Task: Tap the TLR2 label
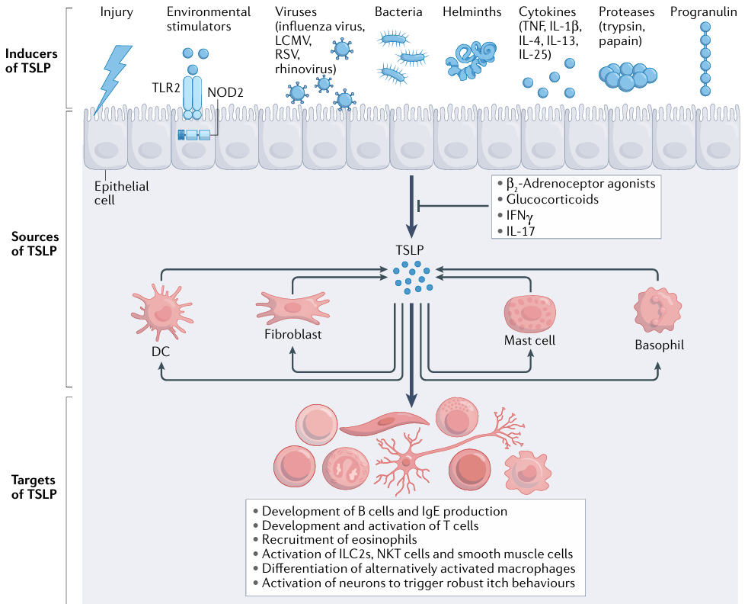click(166, 88)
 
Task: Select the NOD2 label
click(225, 92)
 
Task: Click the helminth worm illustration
click(471, 60)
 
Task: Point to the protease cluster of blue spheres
click(628, 76)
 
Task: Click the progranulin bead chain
click(705, 59)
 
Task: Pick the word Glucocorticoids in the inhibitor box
click(552, 200)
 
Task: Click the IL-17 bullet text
click(520, 231)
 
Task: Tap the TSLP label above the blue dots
click(409, 249)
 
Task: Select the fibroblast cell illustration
click(292, 308)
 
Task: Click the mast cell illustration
click(530, 313)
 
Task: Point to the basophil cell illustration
click(658, 310)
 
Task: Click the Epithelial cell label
click(122, 193)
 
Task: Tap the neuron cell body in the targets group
click(406, 461)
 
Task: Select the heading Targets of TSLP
click(34, 487)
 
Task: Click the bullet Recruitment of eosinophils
click(339, 539)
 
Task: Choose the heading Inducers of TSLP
click(31, 61)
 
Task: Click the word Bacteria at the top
click(398, 12)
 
